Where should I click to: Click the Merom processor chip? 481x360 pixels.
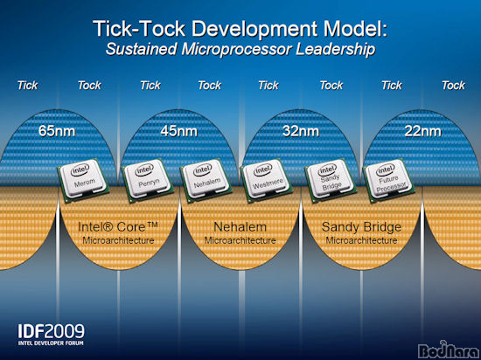point(84,179)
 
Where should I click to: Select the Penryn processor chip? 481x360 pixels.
point(147,180)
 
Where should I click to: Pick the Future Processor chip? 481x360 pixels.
point(389,181)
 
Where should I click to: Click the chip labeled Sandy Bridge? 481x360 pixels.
point(331,181)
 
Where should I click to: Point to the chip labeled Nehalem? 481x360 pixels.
point(206,180)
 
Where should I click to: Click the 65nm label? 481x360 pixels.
point(57,131)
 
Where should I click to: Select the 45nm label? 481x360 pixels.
point(178,131)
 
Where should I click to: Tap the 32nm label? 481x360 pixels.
point(301,131)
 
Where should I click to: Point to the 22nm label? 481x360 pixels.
point(422,131)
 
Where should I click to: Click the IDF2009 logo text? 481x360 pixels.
point(51,331)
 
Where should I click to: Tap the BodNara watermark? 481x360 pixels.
point(449,350)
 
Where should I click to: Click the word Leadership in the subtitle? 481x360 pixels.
point(335,50)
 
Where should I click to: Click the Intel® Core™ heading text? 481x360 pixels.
point(118,227)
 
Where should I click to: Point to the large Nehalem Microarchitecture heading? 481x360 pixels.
point(240,232)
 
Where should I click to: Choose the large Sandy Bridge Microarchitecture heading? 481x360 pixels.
point(361,232)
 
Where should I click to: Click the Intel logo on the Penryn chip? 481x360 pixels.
point(144,170)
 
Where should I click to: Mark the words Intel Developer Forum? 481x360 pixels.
point(51,343)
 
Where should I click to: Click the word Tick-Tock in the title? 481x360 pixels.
point(139,29)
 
